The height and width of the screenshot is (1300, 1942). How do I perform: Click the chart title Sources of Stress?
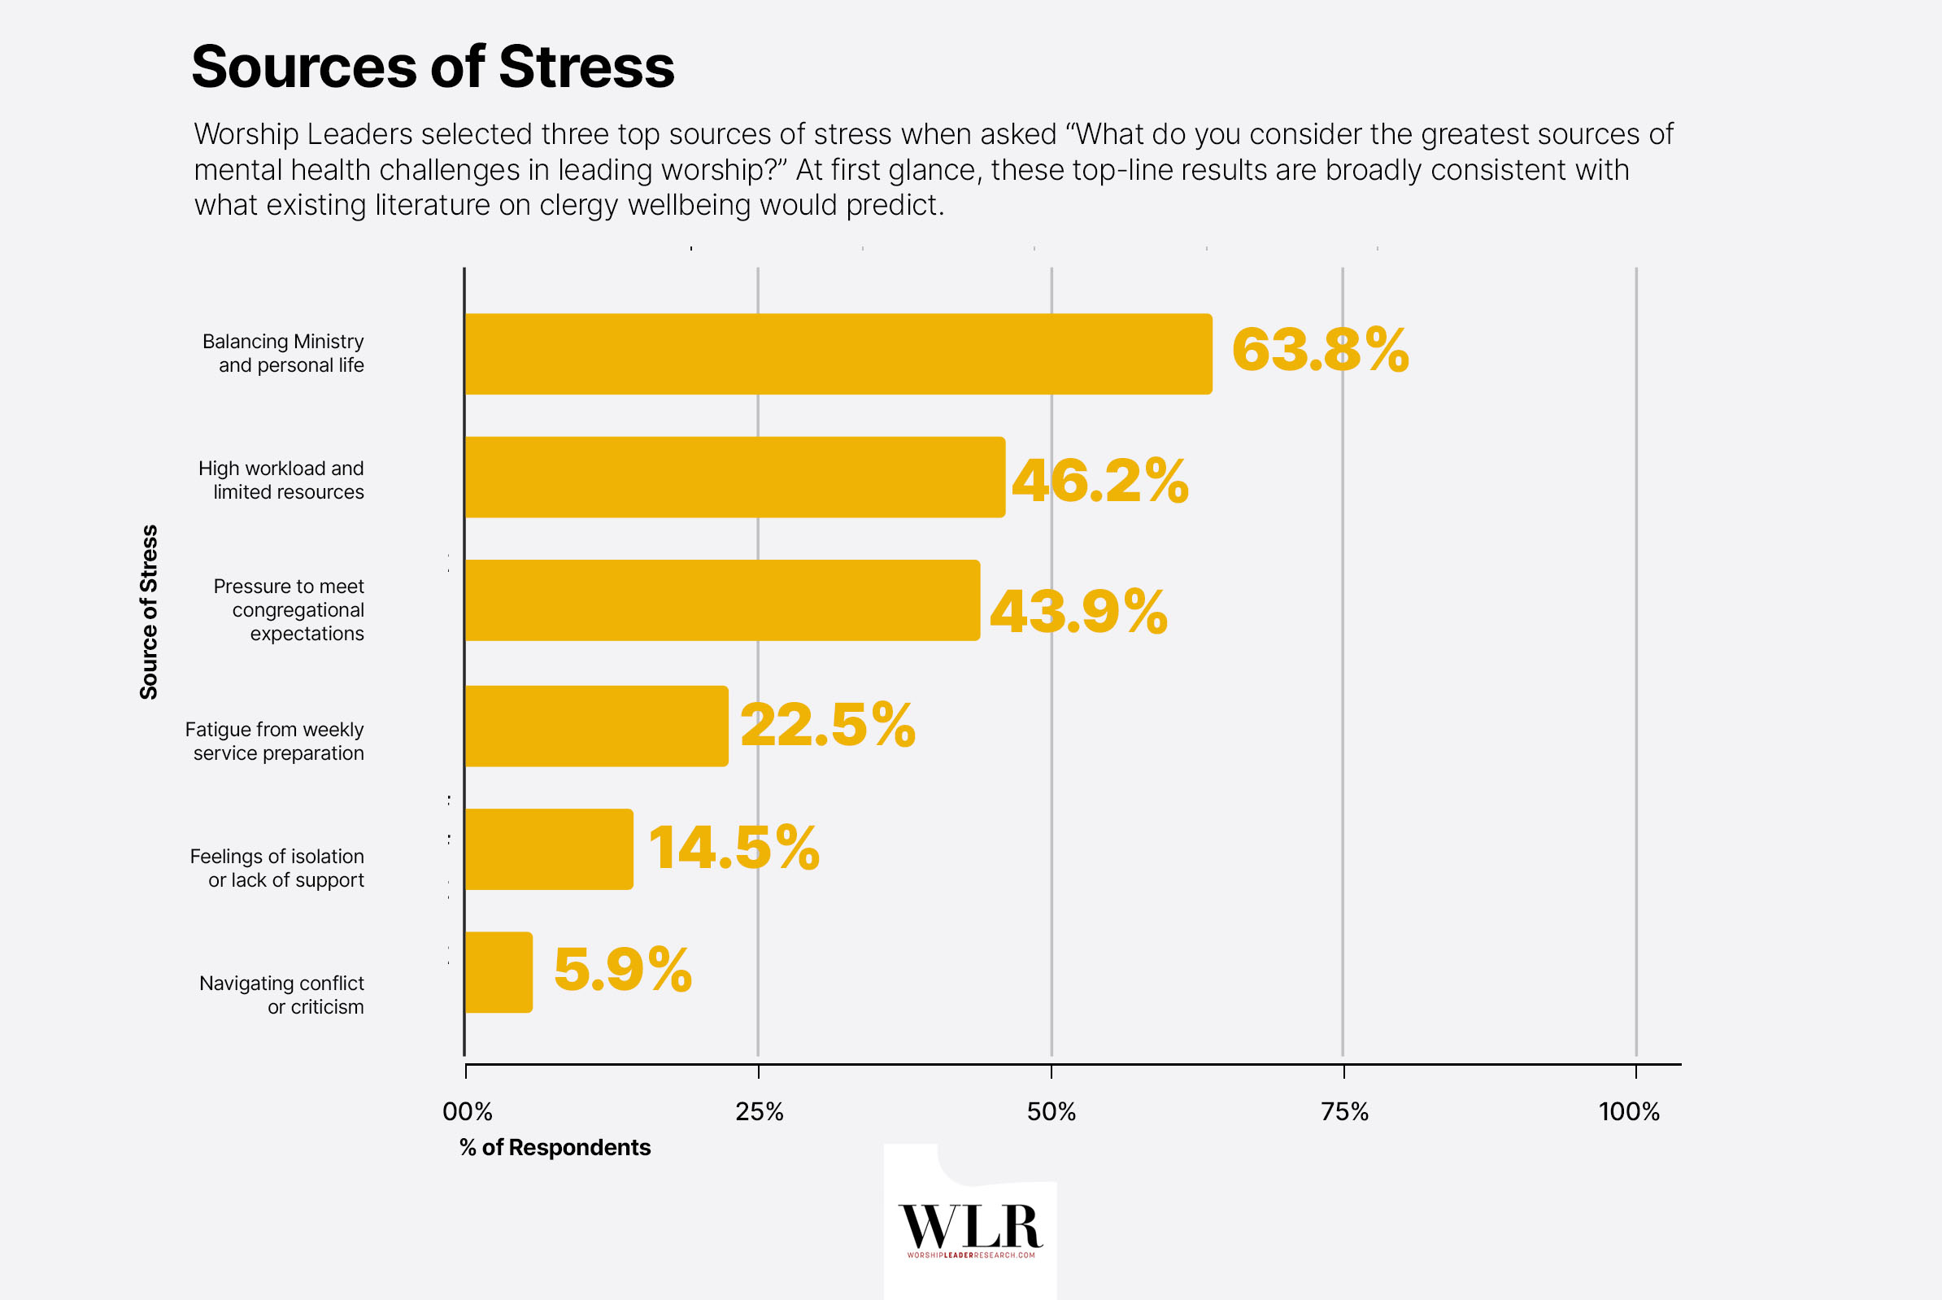[433, 67]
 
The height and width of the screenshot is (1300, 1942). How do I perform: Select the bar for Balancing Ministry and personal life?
[837, 354]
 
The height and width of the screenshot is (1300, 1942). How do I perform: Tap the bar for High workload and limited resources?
[734, 478]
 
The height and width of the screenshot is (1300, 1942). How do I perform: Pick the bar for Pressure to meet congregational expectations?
[721, 600]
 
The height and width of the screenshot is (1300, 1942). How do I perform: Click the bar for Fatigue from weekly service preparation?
[596, 726]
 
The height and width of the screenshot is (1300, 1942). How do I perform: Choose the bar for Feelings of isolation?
[549, 849]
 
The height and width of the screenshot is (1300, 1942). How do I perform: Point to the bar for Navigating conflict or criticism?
[499, 971]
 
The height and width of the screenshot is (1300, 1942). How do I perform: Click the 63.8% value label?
[1320, 350]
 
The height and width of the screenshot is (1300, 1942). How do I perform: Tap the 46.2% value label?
[1099, 481]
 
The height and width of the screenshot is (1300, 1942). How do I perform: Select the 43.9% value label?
[1078, 612]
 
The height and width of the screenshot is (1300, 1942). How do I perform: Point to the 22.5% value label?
[827, 726]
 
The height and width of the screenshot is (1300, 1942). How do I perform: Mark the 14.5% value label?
[734, 848]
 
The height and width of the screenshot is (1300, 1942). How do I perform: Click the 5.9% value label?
[622, 969]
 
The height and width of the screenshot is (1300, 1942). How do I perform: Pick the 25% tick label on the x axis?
[760, 1112]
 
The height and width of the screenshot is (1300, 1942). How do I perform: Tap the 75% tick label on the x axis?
[1344, 1112]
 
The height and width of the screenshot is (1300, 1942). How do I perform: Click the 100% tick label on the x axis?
[1629, 1112]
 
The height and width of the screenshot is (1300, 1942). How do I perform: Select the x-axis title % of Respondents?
[555, 1147]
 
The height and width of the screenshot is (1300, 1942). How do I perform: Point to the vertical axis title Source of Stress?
[148, 612]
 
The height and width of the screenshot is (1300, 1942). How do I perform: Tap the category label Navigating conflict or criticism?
[282, 995]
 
